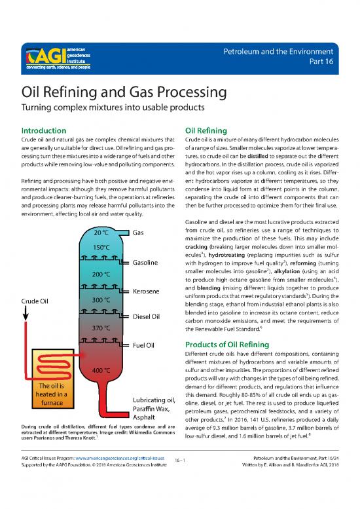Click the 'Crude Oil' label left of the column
(x=35, y=301)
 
